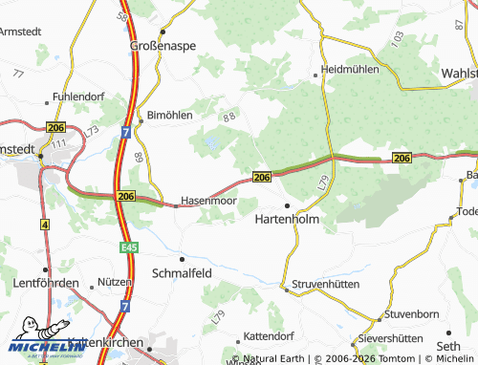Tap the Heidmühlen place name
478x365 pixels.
[x=352, y=70]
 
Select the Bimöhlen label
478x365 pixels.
[x=170, y=115]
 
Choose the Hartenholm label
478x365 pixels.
[x=287, y=220]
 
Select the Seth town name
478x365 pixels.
[x=447, y=346]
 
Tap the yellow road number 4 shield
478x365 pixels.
[x=44, y=224]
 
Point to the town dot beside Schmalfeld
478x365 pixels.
[x=182, y=257]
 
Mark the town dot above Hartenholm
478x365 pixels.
[x=287, y=205]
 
